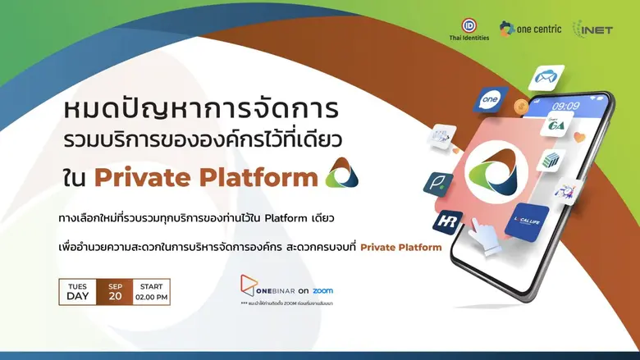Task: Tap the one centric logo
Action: [x=531, y=29]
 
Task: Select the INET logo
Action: [x=592, y=30]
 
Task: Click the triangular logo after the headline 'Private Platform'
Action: [x=341, y=173]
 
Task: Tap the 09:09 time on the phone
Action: [x=565, y=106]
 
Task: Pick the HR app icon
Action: [x=449, y=222]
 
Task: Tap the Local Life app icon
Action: [x=527, y=221]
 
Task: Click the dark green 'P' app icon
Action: [x=438, y=183]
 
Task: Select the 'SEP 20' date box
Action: [x=115, y=292]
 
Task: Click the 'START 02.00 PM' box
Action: [x=151, y=292]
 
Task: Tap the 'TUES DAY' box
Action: [x=78, y=292]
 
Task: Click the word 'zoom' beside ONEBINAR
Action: [x=322, y=290]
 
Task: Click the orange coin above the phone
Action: [x=519, y=107]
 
